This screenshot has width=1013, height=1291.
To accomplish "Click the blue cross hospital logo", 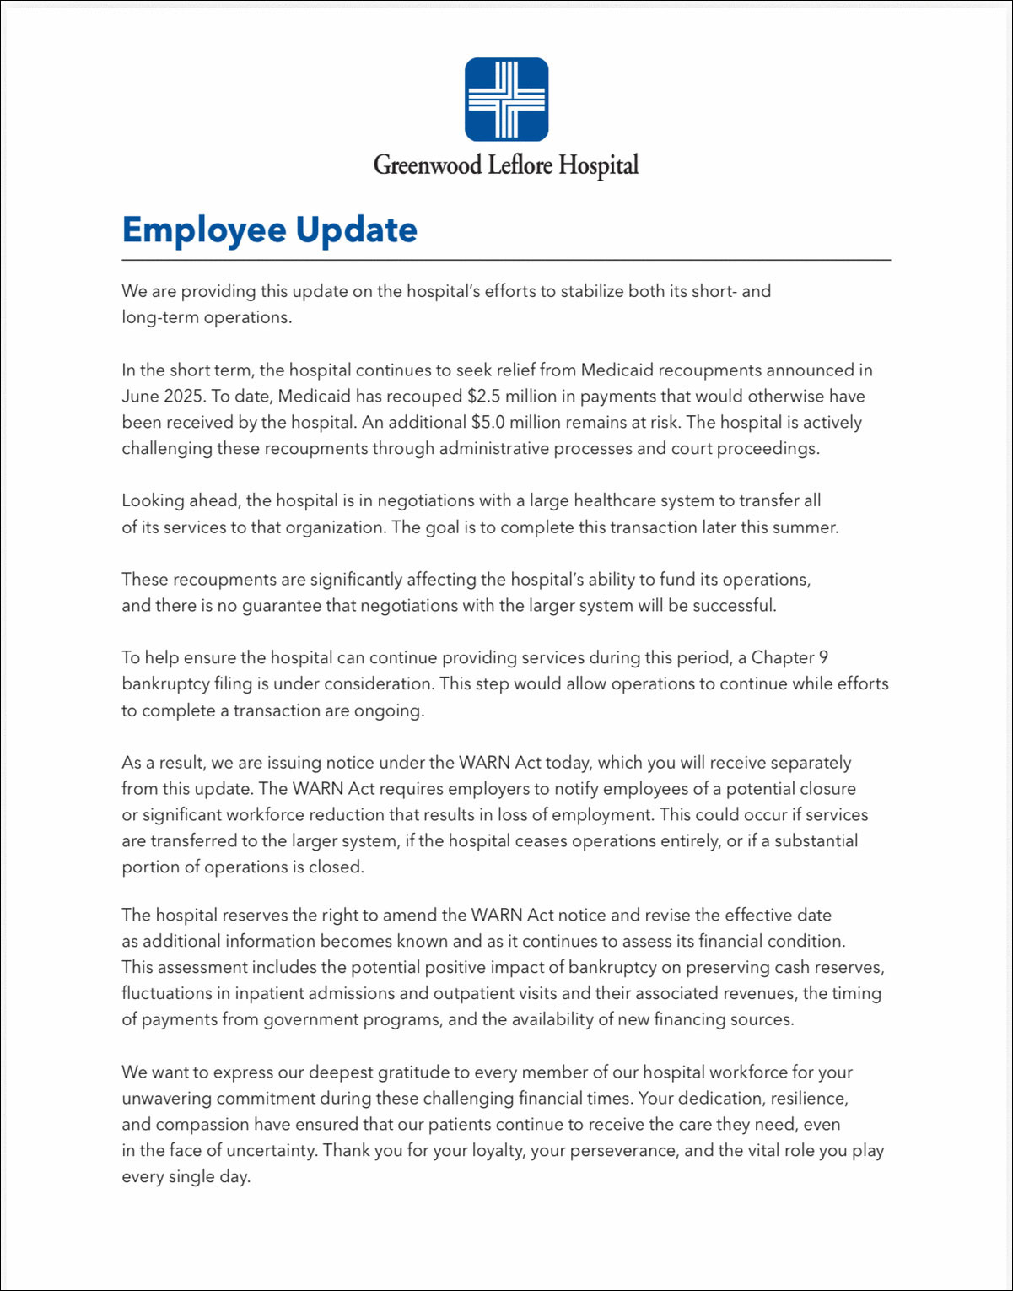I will pos(506,100).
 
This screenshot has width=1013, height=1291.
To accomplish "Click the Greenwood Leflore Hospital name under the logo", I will pos(506,164).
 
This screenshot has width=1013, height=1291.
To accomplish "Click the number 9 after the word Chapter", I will pos(823,657).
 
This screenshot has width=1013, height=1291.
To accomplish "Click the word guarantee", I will pos(282,605).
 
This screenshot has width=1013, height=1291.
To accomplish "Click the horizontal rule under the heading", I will pos(506,260).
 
